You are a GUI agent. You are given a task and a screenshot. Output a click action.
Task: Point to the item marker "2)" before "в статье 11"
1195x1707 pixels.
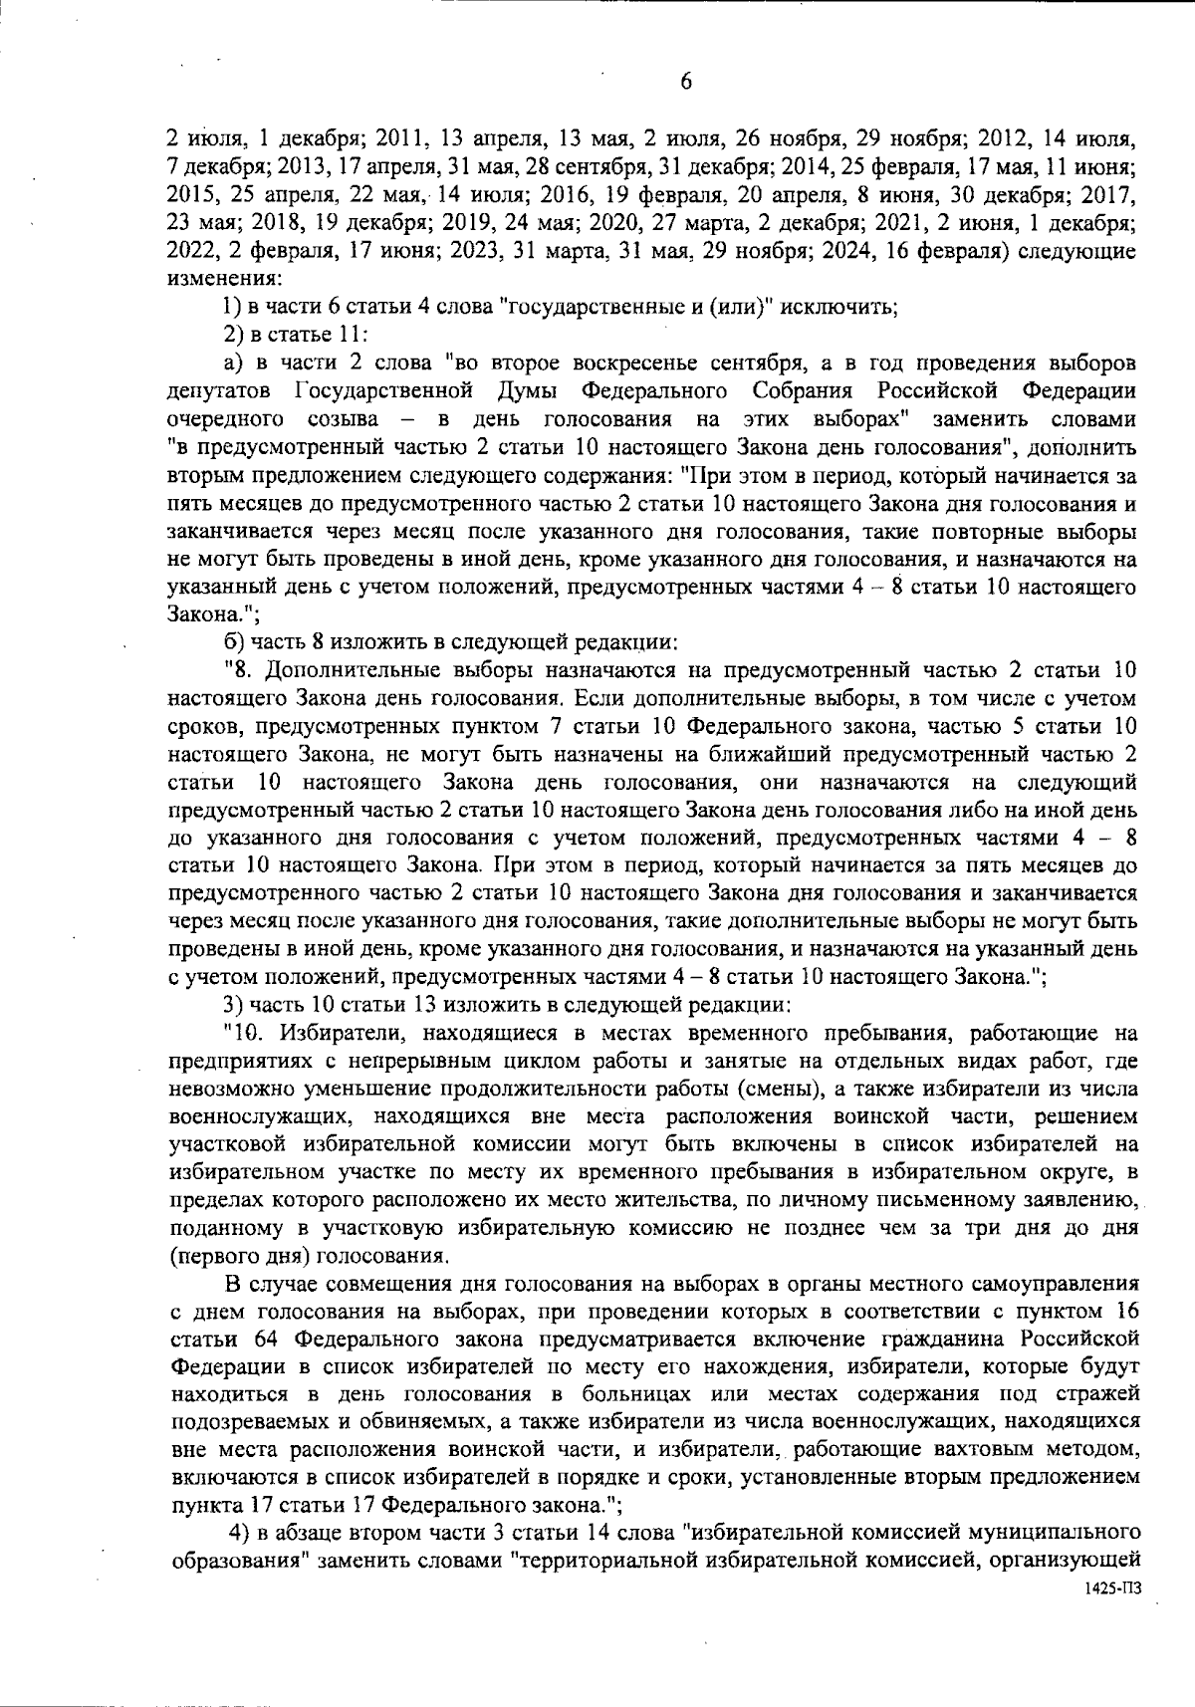point(234,333)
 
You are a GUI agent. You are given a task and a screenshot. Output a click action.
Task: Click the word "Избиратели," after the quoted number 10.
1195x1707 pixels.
point(338,1029)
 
